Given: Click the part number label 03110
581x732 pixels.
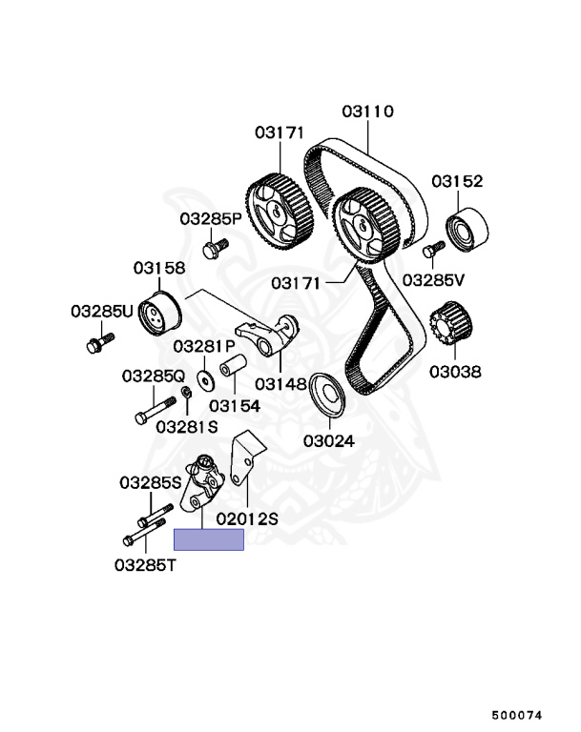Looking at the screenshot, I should pyautogui.click(x=367, y=112).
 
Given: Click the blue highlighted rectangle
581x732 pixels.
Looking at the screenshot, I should pyautogui.click(x=208, y=540).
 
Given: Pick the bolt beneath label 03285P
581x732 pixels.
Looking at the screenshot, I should pyautogui.click(x=214, y=248).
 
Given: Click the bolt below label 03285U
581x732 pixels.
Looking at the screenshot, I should pyautogui.click(x=99, y=342).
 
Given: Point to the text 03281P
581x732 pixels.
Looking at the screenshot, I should pyautogui.click(x=203, y=346).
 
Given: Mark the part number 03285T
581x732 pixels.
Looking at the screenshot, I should pyautogui.click(x=145, y=564).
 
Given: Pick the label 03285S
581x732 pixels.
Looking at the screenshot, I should pyautogui.click(x=150, y=482).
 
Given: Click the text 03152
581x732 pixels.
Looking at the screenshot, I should pyautogui.click(x=456, y=180).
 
